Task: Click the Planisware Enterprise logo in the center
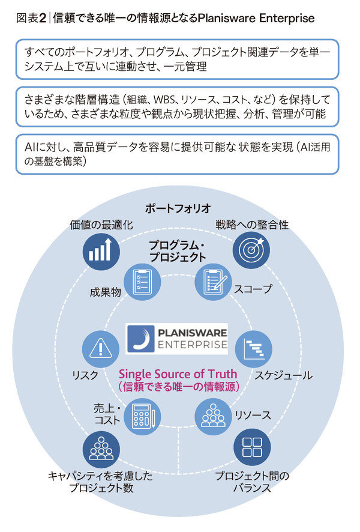tap(178, 338)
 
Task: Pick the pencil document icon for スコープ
tap(211, 283)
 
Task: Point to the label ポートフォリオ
tap(178, 208)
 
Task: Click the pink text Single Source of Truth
tap(178, 374)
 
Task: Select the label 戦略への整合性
tap(252, 225)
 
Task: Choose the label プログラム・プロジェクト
tap(178, 251)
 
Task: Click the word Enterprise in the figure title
tap(286, 18)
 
